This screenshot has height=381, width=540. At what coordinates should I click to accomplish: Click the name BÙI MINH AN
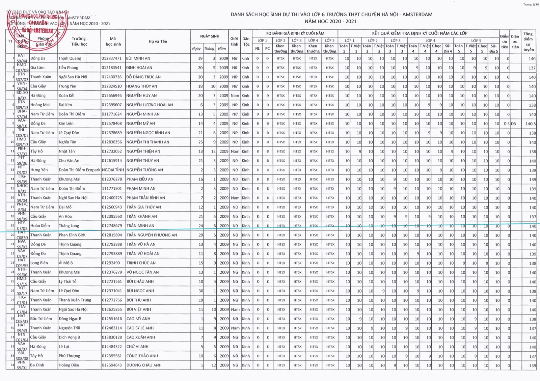(138, 58)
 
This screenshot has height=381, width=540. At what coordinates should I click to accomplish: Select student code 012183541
(112, 68)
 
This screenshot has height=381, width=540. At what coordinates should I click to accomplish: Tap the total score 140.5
(530, 124)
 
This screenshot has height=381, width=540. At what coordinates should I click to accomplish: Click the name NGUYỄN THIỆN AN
(143, 152)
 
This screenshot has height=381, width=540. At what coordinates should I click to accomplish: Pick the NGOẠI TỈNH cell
(113, 170)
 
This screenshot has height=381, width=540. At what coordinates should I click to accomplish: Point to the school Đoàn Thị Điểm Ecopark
(79, 170)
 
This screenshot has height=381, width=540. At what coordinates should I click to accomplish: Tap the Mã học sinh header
(113, 42)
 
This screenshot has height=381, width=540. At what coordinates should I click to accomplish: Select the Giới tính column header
(234, 42)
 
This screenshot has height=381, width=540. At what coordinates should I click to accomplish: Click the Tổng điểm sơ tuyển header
(528, 42)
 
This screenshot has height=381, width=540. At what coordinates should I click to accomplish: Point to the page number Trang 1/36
(531, 4)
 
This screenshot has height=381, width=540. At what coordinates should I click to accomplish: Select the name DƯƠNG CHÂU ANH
(144, 365)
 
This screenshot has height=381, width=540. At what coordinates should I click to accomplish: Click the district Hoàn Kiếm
(40, 226)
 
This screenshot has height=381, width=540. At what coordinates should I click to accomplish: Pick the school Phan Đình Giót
(72, 235)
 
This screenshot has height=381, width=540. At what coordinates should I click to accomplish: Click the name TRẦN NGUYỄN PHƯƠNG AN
(152, 235)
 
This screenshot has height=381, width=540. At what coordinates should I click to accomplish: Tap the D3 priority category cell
(513, 124)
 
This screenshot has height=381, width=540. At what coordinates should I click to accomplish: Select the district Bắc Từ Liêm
(41, 319)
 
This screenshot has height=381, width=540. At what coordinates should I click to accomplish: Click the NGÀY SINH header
(210, 36)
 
